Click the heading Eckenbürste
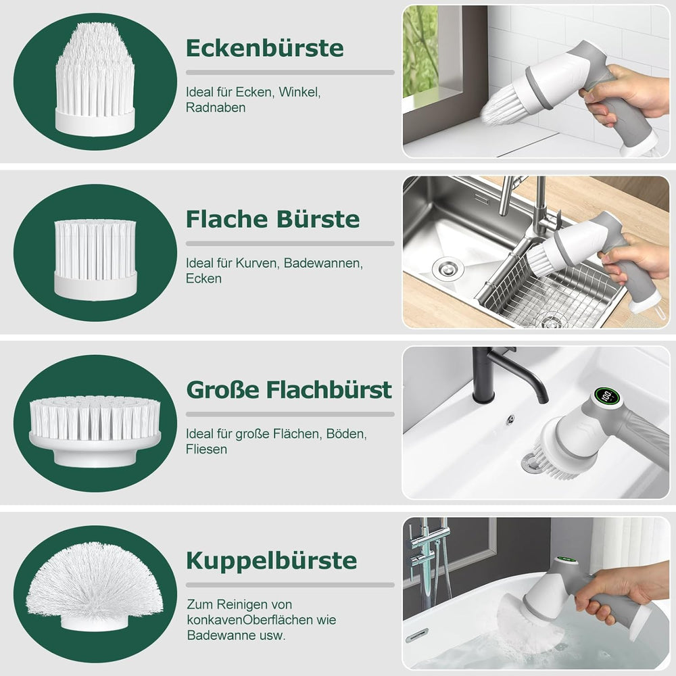(265, 48)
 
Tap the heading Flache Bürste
(272, 219)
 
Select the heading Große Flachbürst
(289, 390)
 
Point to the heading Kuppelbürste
(271, 560)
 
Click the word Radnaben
(216, 107)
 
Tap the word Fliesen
(206, 450)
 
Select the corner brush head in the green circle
(95, 80)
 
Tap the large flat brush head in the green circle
(95, 431)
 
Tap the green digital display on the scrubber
(606, 395)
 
